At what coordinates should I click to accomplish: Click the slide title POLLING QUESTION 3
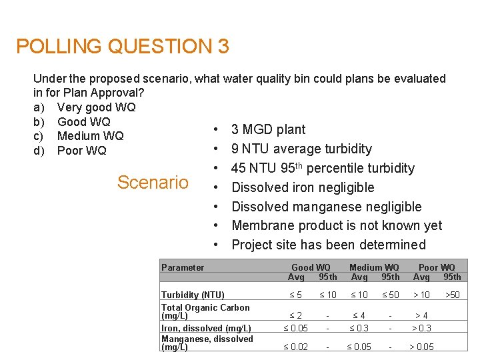[123, 47]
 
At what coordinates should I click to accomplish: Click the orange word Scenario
[153, 183]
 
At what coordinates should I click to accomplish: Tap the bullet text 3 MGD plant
[268, 129]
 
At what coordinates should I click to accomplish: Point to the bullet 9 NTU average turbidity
[301, 149]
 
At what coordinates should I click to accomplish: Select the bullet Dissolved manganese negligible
[326, 207]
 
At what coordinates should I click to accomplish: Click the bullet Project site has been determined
[328, 245]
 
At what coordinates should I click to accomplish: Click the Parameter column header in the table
[183, 268]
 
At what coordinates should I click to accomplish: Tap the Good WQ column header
[311, 268]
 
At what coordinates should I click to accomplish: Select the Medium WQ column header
[374, 268]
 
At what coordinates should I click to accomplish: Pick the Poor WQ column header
[437, 268]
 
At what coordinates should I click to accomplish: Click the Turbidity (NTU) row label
[193, 295]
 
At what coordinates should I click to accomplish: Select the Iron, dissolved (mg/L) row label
[206, 328]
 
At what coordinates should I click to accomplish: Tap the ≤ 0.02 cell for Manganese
[295, 347]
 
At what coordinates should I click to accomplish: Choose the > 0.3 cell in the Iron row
[421, 328]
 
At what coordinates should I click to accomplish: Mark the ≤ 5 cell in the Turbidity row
[295, 295]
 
